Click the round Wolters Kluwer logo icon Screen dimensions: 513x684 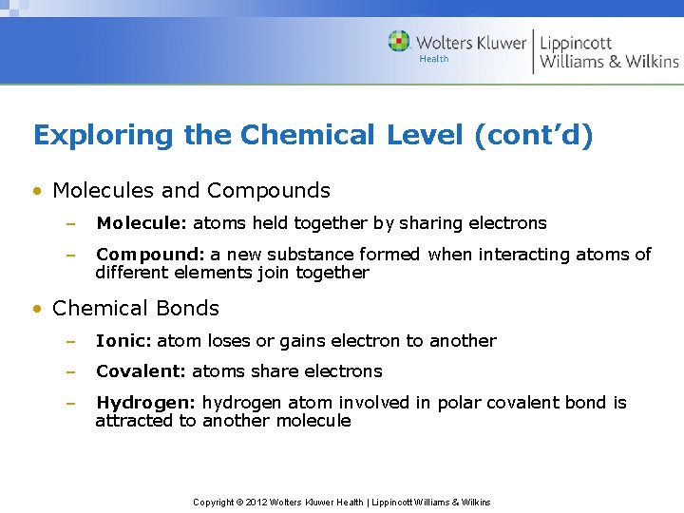399,41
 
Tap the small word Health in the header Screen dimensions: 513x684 433,59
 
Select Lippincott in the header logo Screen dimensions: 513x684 576,42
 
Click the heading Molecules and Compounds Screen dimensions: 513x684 191,190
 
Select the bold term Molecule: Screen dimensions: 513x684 142,223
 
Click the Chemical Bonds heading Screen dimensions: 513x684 136,308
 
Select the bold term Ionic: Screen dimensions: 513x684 123,340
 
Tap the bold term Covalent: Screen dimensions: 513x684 141,370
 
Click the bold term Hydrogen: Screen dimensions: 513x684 146,403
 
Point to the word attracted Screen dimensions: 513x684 134,421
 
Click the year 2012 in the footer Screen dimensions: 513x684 256,502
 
